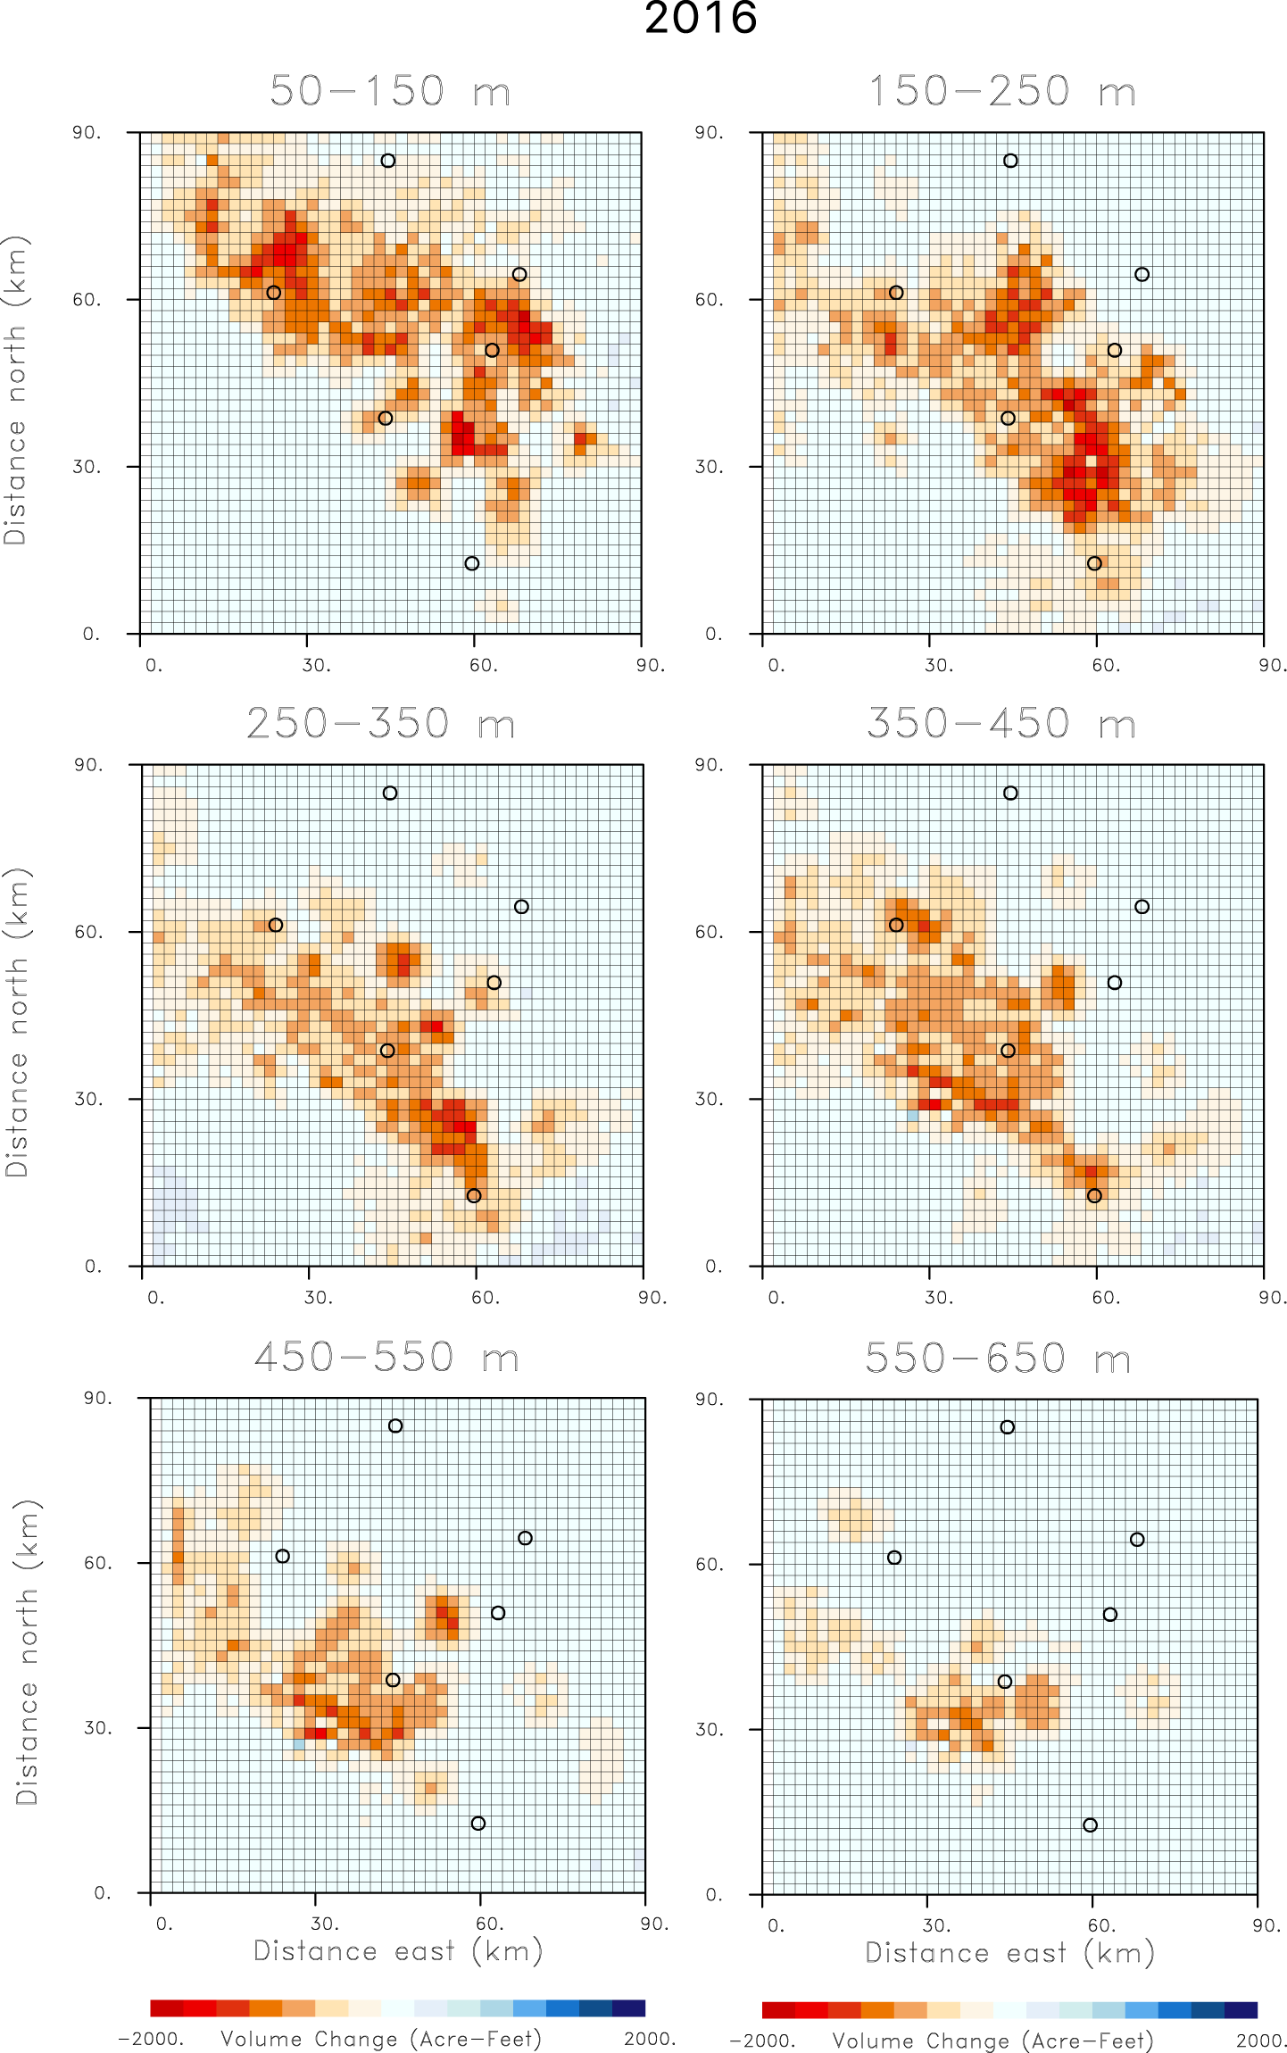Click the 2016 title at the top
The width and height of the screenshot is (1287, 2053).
pos(701,20)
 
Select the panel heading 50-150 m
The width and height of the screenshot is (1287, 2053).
pos(390,92)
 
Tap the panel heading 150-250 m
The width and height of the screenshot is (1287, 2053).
pos(1002,92)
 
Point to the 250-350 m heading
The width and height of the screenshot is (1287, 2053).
pos(381,724)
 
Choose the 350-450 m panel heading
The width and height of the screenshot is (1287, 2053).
pos(1001,724)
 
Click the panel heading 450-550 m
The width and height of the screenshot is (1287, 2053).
pos(386,1358)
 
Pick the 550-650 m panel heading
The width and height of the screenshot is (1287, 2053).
pos(998,1359)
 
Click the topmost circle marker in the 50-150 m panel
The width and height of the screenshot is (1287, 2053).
pos(387,161)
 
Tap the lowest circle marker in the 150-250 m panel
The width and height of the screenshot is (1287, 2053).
pos(1094,563)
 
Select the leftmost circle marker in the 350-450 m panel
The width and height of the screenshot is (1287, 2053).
pos(896,925)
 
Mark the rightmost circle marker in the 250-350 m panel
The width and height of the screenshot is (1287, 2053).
pos(521,907)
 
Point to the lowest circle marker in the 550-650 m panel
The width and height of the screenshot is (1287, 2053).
pos(1090,1825)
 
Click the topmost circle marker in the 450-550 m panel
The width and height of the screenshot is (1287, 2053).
pos(395,1426)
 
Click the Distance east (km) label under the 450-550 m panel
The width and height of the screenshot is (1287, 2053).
pos(398,1951)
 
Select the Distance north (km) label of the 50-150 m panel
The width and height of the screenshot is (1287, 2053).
pos(15,391)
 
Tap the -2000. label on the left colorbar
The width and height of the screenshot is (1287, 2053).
pos(151,2040)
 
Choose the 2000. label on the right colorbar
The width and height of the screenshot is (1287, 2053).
pos(1260,2041)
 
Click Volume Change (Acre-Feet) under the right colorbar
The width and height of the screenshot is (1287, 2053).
pos(992,2041)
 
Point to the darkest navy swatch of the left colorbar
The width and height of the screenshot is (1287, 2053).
pos(628,2008)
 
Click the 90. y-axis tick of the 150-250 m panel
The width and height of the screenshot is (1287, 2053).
pos(710,133)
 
